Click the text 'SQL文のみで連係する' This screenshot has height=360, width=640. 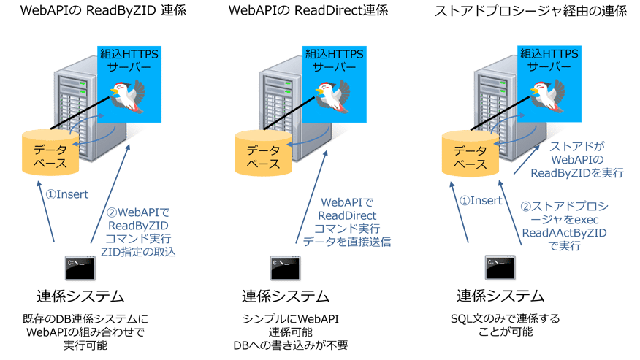coord(500,319)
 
